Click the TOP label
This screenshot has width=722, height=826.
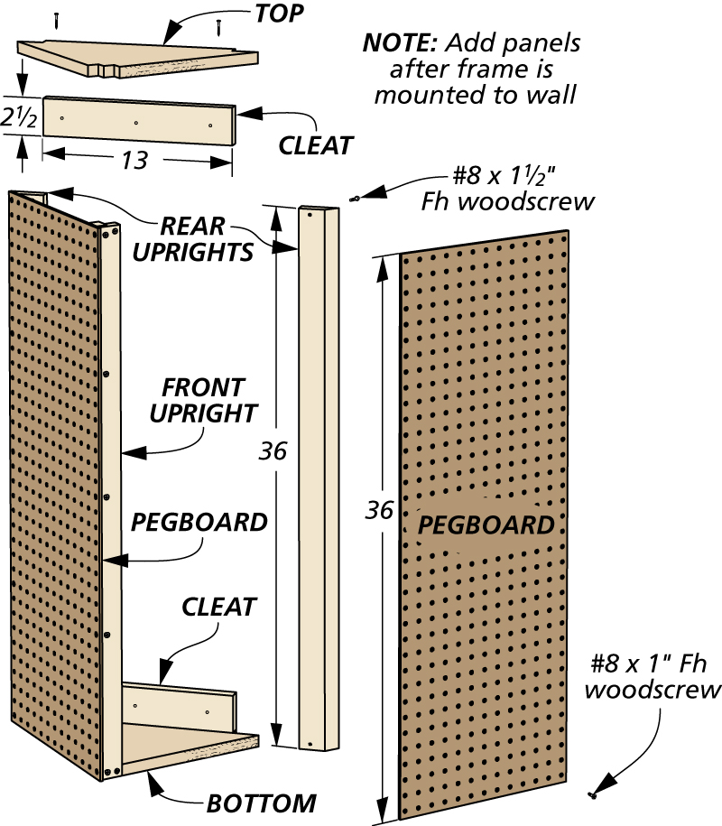(x=279, y=14)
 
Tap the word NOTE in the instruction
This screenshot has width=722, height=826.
(x=400, y=42)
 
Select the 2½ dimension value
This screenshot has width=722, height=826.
(x=18, y=117)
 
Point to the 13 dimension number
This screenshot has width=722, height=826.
(x=134, y=160)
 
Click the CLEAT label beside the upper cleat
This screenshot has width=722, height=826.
(x=316, y=145)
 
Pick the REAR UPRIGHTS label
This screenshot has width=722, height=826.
(x=193, y=239)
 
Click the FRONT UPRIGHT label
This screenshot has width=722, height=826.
(x=203, y=400)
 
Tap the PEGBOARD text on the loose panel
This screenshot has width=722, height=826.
(x=486, y=524)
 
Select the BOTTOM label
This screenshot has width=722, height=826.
(x=261, y=803)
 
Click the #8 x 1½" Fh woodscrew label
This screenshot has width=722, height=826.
(x=507, y=188)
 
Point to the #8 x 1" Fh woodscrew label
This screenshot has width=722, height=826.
(x=652, y=676)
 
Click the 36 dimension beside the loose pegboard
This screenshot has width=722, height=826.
(x=379, y=510)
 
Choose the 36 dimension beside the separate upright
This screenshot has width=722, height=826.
(x=273, y=451)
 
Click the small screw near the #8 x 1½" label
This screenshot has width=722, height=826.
(x=355, y=199)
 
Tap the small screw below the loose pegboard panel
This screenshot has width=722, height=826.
(x=593, y=794)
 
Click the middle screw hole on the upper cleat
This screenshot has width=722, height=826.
(x=136, y=123)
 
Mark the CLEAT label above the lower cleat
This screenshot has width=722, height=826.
(x=218, y=607)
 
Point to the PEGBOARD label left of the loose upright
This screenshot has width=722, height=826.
(x=199, y=522)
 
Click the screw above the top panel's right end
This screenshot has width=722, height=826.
(x=218, y=27)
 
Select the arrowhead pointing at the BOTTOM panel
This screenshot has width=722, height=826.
(x=153, y=784)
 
